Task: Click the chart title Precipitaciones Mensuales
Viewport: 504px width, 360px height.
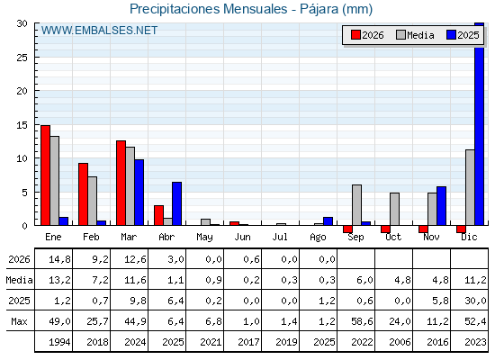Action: (x=208, y=9)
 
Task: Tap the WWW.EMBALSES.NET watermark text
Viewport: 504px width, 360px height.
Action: (x=99, y=31)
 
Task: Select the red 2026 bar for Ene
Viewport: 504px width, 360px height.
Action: (x=45, y=175)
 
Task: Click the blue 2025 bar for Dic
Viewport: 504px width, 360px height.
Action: (x=479, y=124)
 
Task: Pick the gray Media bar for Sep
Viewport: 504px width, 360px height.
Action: (x=356, y=205)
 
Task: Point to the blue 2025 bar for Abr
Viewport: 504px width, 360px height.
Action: (x=176, y=203)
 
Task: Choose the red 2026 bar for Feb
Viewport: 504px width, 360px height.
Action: (x=83, y=194)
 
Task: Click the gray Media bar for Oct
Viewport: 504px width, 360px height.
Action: (x=395, y=209)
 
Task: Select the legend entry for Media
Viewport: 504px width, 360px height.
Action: (x=415, y=35)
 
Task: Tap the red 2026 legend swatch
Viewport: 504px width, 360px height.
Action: (x=355, y=35)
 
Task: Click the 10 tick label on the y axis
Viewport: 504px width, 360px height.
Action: (x=22, y=158)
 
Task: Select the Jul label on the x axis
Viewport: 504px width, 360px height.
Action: (x=280, y=238)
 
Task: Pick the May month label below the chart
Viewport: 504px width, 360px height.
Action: (x=204, y=238)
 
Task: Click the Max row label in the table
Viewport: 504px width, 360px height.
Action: (x=19, y=321)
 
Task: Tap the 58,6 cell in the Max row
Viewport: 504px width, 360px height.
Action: (x=362, y=321)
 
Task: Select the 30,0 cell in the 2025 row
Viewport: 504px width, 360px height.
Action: (x=475, y=301)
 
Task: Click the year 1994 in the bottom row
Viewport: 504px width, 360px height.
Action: (x=59, y=342)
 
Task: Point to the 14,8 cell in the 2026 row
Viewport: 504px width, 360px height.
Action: (x=59, y=259)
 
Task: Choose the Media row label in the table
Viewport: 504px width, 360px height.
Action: (x=19, y=280)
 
